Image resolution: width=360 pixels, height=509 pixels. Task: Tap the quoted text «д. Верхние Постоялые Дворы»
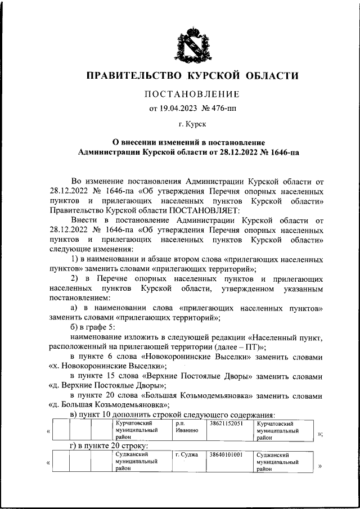click(107, 385)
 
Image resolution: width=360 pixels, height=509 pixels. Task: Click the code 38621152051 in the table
click(227, 422)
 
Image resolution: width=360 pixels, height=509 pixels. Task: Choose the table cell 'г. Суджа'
click(186, 454)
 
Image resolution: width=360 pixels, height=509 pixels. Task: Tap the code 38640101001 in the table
click(227, 454)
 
